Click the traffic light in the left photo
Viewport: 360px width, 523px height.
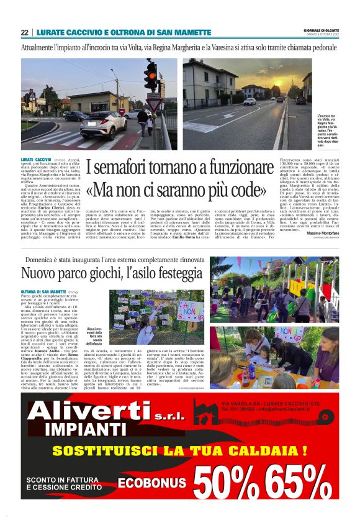150,75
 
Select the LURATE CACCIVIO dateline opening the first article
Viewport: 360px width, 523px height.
35,160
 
